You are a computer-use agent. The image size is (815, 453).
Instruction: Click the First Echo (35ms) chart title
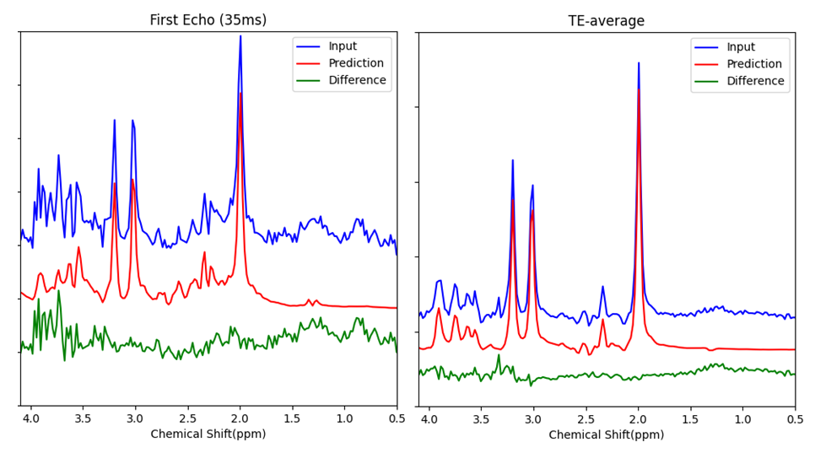[x=208, y=20]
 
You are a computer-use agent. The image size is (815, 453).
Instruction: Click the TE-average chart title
[x=606, y=21]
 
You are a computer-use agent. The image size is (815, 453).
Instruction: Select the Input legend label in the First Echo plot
[x=343, y=46]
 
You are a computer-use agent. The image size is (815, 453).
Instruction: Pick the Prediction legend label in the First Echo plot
[x=356, y=63]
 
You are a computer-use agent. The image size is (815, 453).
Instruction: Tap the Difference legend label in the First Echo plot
[x=357, y=80]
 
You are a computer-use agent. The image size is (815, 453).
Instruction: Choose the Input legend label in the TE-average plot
[x=741, y=46]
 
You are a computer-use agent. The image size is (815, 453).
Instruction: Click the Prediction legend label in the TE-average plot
[x=754, y=64]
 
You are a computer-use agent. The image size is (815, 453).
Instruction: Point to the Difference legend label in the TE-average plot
[x=755, y=81]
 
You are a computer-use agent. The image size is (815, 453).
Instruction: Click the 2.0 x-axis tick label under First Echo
[x=240, y=418]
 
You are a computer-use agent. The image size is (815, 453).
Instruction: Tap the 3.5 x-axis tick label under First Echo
[x=84, y=418]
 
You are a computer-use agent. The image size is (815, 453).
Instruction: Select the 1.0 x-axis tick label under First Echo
[x=344, y=418]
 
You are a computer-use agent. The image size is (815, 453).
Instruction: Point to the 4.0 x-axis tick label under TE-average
[x=429, y=419]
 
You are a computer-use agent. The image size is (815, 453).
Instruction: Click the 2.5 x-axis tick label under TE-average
[x=586, y=419]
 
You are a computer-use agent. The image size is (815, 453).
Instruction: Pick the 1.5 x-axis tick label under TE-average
[x=691, y=419]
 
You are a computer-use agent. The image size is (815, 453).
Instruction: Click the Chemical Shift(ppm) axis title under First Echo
[x=208, y=434]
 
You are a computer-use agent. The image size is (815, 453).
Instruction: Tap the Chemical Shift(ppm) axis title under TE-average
[x=606, y=434]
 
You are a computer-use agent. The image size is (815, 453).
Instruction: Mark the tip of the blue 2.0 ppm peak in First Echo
[x=240, y=35]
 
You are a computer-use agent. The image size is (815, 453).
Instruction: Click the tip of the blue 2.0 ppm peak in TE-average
[x=639, y=63]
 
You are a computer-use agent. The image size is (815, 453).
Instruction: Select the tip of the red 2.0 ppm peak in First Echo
[x=240, y=93]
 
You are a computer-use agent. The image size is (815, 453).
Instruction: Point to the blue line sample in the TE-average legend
[x=707, y=47]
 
